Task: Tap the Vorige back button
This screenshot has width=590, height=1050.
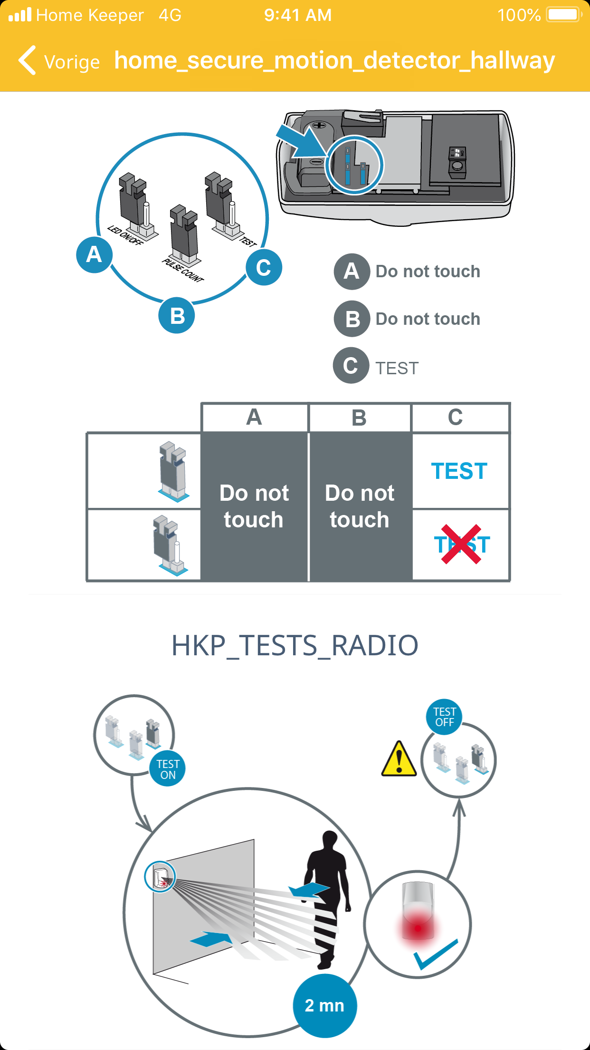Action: point(59,61)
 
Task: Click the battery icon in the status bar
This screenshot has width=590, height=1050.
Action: point(564,15)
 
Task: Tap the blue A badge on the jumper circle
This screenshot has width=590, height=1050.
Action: point(94,255)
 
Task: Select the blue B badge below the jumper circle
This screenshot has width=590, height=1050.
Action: point(177,315)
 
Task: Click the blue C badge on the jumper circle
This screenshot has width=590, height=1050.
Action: point(264,267)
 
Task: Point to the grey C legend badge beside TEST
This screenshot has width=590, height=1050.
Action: point(351,366)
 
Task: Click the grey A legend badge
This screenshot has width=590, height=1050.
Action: point(352,272)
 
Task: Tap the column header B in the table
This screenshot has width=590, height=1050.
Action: point(359,418)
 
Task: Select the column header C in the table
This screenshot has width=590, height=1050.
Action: point(455,417)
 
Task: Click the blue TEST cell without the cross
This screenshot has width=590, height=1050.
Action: point(459,471)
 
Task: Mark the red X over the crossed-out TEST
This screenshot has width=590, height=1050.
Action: point(461,544)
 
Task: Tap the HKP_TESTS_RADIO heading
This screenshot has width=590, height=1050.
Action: point(295,645)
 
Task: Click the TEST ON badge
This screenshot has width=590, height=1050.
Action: point(168,769)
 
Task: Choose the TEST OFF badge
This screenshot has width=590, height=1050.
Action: point(444,717)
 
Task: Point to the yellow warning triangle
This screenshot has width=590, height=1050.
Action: point(399,759)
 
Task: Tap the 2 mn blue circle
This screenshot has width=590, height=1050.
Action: point(325,1006)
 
